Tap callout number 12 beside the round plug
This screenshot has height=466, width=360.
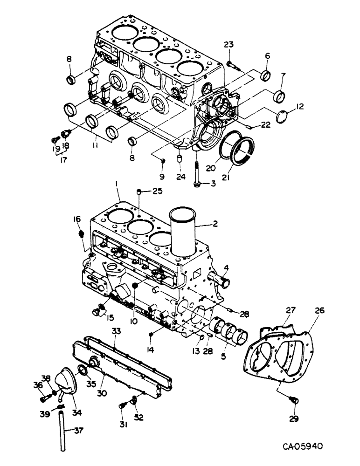(x=299, y=106)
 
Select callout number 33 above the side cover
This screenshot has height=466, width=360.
(x=115, y=331)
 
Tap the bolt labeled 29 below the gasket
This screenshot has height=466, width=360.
(x=293, y=400)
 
